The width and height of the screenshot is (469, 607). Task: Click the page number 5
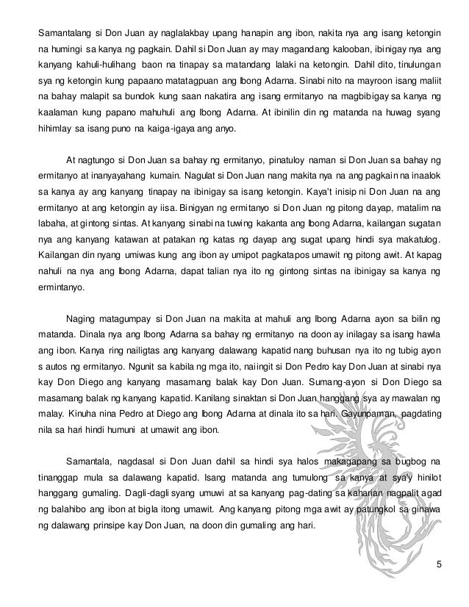pos(438,564)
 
